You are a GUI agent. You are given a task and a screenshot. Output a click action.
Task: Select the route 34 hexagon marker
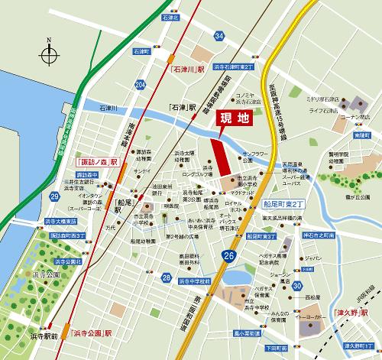(220, 35)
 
